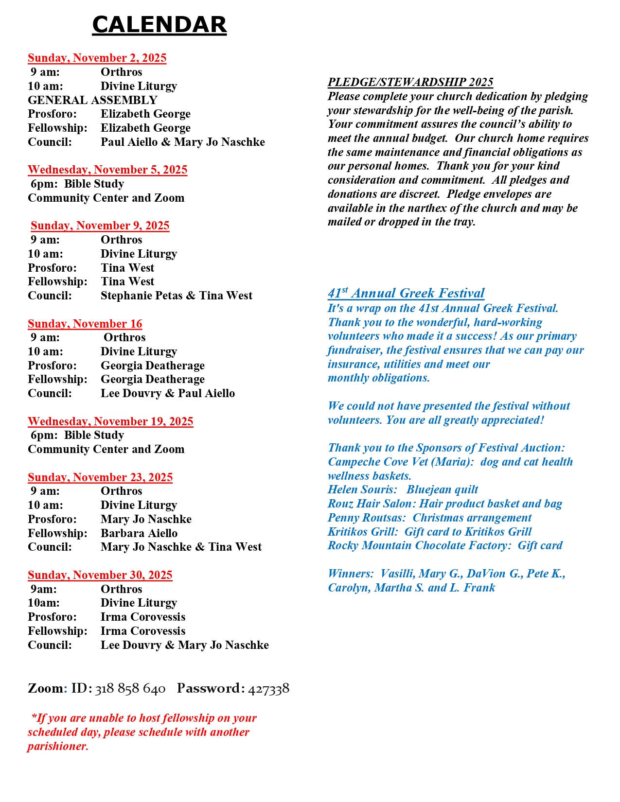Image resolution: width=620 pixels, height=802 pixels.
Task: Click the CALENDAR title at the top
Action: (x=159, y=25)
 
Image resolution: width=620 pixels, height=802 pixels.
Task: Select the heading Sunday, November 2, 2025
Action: (x=97, y=58)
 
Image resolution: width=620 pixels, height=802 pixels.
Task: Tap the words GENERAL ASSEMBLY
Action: (x=92, y=100)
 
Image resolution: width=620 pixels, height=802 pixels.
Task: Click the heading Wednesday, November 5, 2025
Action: (x=107, y=170)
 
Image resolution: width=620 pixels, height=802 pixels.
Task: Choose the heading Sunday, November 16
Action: (x=85, y=324)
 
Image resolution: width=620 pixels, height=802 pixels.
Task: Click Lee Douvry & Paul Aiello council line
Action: (x=167, y=393)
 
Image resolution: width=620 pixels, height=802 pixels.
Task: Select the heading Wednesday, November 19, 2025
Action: (x=110, y=421)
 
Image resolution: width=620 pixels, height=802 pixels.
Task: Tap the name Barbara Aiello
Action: (x=139, y=533)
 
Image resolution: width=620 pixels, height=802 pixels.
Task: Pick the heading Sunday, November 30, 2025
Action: (x=100, y=575)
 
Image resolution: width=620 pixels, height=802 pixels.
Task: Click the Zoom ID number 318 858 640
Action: (x=130, y=689)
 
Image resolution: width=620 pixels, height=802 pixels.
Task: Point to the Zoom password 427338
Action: (x=268, y=689)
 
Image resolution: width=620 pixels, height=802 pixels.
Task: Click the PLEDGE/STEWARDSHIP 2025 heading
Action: (x=410, y=82)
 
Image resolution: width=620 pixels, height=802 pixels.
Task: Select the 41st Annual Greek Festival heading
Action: (x=406, y=293)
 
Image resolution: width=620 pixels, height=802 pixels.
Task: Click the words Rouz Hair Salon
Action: (x=371, y=504)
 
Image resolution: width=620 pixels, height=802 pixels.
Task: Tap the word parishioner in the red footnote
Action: (x=57, y=746)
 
